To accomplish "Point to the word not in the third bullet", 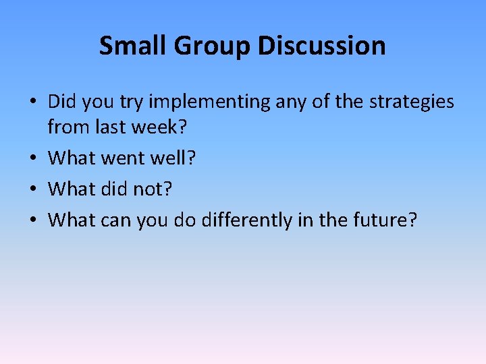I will pyautogui.click(x=155, y=189).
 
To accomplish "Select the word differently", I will pyautogui.click(x=251, y=219).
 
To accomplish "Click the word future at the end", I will pyautogui.click(x=387, y=219).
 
